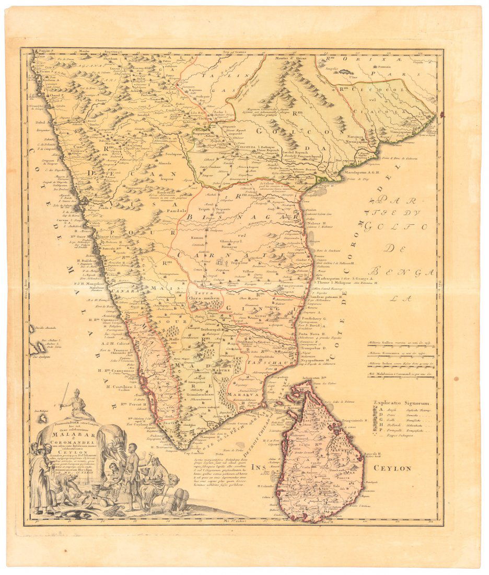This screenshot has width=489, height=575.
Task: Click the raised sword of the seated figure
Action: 64,395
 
